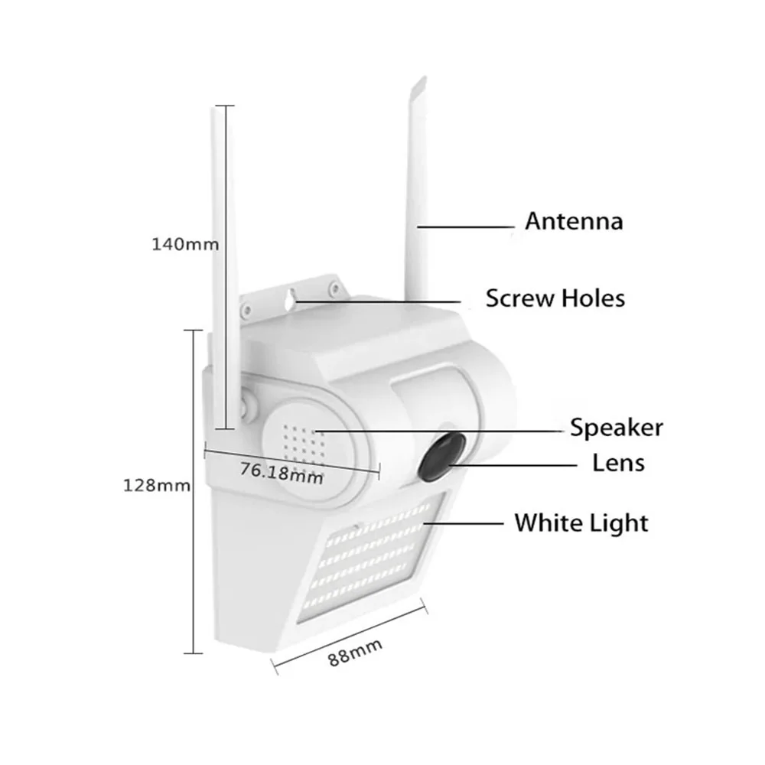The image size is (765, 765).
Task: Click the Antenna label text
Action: point(574,222)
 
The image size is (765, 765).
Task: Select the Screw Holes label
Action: point(555,297)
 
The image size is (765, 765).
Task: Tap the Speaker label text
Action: point(617,428)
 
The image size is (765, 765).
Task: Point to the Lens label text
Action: point(619,462)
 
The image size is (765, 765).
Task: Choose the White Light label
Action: point(581,523)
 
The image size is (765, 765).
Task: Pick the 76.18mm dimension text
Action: point(281,471)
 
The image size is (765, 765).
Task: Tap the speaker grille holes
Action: point(301,443)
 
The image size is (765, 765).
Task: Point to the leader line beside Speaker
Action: point(436,431)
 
